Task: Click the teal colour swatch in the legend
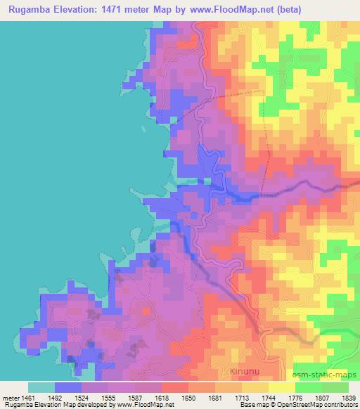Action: [x=41, y=387]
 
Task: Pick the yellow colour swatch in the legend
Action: [x=281, y=387]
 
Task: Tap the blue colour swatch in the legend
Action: [x=68, y=387]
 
